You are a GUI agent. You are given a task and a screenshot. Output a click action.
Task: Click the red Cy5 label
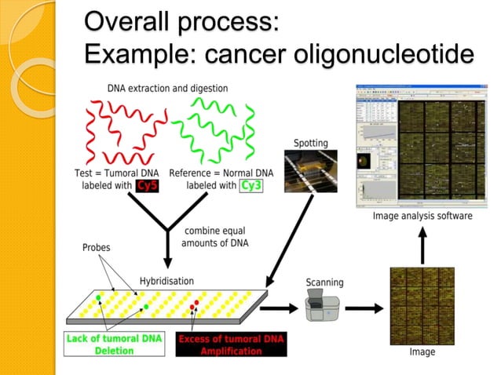click(x=147, y=186)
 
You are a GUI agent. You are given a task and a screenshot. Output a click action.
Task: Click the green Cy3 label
click(x=251, y=186)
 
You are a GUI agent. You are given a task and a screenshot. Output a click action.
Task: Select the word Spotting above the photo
click(x=311, y=143)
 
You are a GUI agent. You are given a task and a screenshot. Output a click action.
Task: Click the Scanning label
click(x=324, y=282)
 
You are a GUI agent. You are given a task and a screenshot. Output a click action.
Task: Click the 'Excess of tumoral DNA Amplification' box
click(x=231, y=345)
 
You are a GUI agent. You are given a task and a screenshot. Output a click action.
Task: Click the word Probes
click(x=97, y=246)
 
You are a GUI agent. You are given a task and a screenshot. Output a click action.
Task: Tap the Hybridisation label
click(x=166, y=280)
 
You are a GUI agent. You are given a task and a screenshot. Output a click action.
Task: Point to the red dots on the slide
click(x=196, y=304)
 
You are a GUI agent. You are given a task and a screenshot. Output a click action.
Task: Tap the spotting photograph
click(x=312, y=174)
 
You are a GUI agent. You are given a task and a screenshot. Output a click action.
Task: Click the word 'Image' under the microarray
click(x=422, y=352)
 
